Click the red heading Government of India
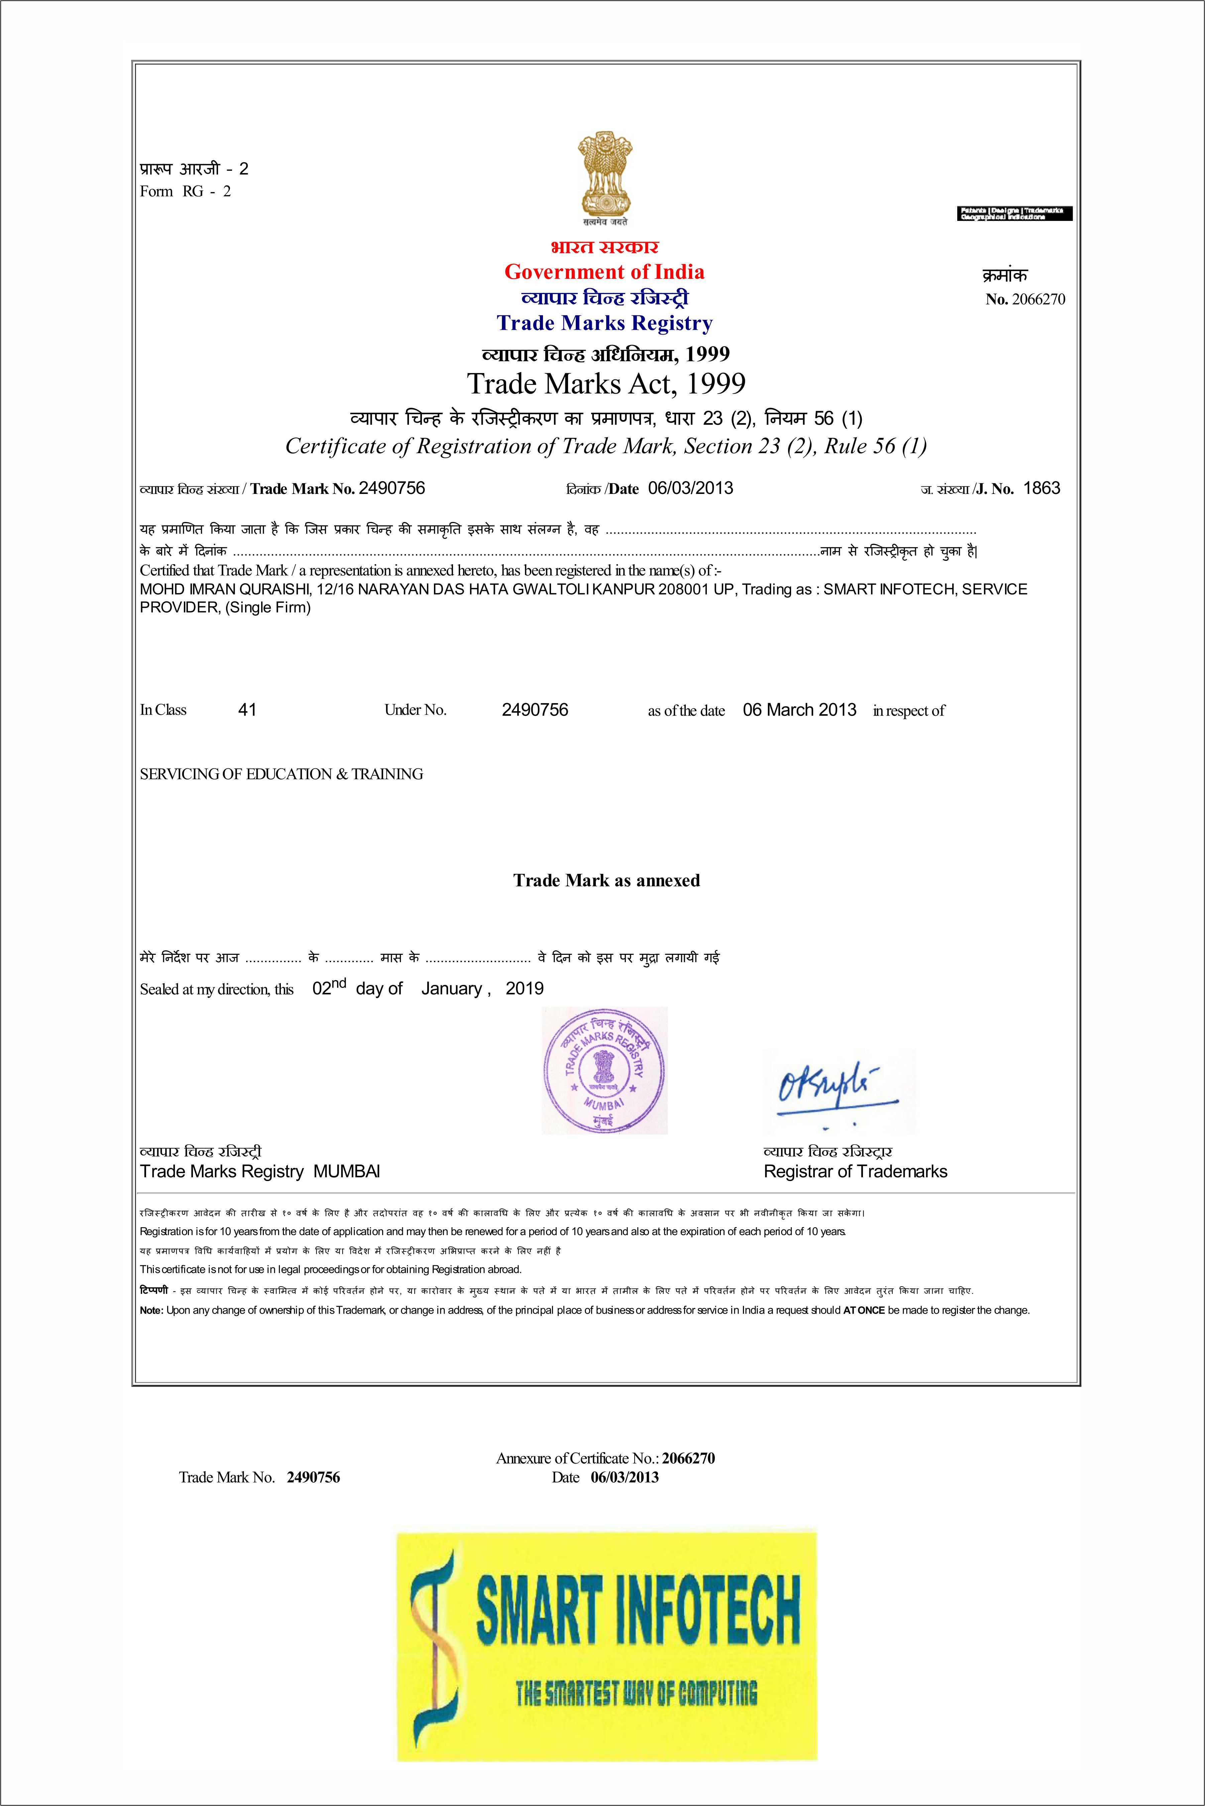[x=604, y=272]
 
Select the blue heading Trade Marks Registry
[x=604, y=324]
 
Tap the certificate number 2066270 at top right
[x=1038, y=299]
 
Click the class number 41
[x=247, y=710]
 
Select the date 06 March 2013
[x=799, y=710]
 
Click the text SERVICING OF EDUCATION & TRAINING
[x=281, y=774]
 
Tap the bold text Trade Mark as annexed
[x=606, y=880]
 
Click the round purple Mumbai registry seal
[x=604, y=1070]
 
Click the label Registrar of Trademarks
[x=855, y=1171]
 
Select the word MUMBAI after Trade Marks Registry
[x=347, y=1171]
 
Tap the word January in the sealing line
[x=452, y=989]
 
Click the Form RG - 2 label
[x=185, y=191]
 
